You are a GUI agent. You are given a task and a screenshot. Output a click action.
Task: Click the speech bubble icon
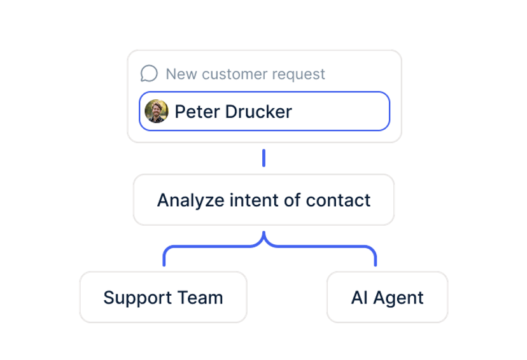pyautogui.click(x=149, y=73)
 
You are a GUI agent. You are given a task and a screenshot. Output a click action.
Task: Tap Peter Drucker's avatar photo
pyautogui.click(x=157, y=111)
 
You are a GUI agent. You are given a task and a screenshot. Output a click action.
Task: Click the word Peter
pyautogui.click(x=197, y=111)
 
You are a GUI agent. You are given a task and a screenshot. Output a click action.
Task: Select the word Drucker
pyautogui.click(x=258, y=111)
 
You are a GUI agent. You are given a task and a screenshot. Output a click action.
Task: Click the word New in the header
pyautogui.click(x=181, y=74)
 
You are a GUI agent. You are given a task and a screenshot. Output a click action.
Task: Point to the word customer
pyautogui.click(x=234, y=74)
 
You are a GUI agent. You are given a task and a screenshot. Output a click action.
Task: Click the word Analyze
pyautogui.click(x=190, y=200)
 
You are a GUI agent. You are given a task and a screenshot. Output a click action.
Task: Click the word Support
pyautogui.click(x=138, y=298)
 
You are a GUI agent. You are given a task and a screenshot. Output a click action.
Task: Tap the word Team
pyautogui.click(x=200, y=298)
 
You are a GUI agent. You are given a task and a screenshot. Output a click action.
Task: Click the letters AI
pyautogui.click(x=359, y=298)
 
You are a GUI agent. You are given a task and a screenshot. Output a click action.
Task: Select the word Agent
pyautogui.click(x=398, y=298)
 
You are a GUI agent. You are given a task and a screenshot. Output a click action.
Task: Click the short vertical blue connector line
pyautogui.click(x=264, y=158)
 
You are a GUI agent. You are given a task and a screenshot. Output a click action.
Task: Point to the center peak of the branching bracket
pyautogui.click(x=264, y=232)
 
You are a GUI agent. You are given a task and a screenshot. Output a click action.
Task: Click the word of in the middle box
pyautogui.click(x=292, y=200)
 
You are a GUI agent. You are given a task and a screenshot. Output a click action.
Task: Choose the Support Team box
pyautogui.click(x=164, y=297)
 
